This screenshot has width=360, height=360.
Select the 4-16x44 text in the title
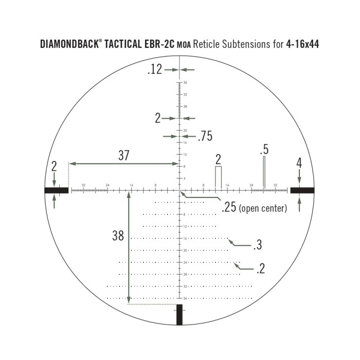click(302, 44)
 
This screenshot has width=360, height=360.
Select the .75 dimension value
click(205, 136)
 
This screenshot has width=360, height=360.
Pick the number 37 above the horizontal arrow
click(124, 156)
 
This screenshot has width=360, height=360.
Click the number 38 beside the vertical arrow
click(118, 236)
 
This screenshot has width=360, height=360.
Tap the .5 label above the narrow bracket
click(264, 150)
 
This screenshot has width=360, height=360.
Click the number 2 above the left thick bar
click(55, 166)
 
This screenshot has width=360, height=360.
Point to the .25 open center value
click(229, 208)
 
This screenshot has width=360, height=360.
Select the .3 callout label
click(257, 245)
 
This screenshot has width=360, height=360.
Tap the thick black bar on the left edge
click(56, 190)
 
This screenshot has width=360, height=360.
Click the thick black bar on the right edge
click(302, 190)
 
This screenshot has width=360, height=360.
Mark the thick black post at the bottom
click(179, 315)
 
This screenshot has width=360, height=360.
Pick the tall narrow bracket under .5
click(264, 172)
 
